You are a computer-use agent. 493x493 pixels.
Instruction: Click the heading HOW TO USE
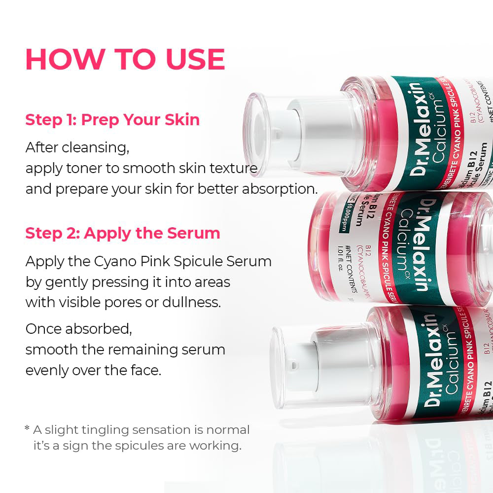tap(125, 59)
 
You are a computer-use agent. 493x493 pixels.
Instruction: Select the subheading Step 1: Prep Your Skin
tap(112, 120)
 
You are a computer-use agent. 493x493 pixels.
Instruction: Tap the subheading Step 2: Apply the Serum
tap(123, 233)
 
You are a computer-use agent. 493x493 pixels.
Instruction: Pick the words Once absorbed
tap(79, 329)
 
